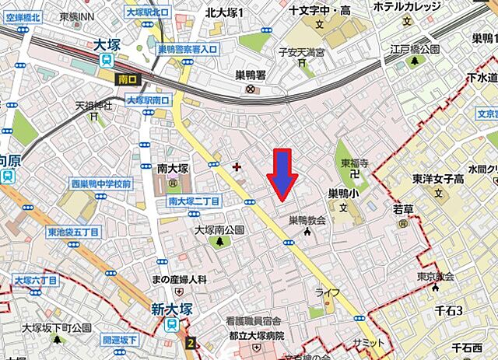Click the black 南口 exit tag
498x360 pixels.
pos(127,79)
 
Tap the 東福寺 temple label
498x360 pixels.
pos(352,164)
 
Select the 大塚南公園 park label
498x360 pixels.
pos(219,229)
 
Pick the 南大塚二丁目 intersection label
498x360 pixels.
pos(195,201)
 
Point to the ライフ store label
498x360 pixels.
pos(328,292)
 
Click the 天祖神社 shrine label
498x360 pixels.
pos(93,105)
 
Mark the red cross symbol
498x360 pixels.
pos(237,166)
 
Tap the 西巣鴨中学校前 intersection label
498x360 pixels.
pos(101,184)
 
